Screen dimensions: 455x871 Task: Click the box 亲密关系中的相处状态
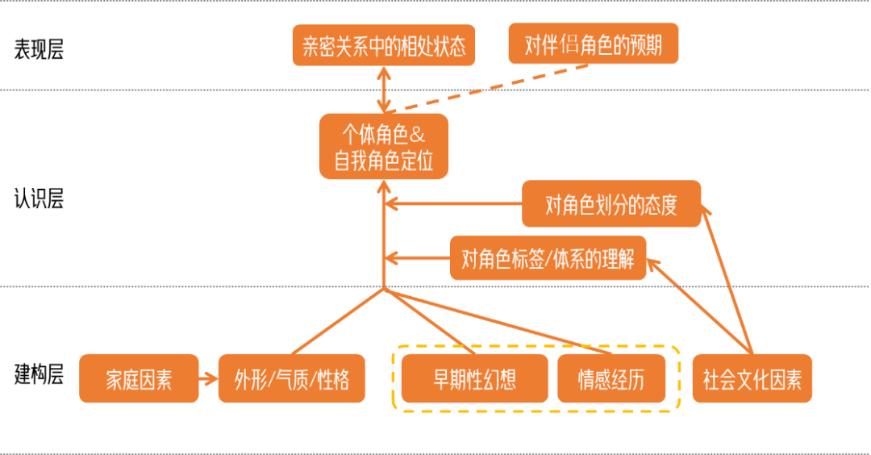[383, 45]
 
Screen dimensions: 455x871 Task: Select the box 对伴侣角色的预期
[593, 45]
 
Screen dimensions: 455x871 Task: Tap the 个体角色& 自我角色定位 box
[383, 146]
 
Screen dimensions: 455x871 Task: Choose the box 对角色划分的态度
[611, 205]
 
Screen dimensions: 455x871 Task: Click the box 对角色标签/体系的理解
[548, 259]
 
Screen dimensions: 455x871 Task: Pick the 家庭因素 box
[139, 379]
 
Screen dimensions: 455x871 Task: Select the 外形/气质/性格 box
[292, 379]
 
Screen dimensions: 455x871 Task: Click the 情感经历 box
[611, 379]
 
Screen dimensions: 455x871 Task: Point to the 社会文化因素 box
[752, 379]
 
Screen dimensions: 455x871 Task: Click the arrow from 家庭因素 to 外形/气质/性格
[207, 378]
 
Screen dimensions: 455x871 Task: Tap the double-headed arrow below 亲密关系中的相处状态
[384, 89]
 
